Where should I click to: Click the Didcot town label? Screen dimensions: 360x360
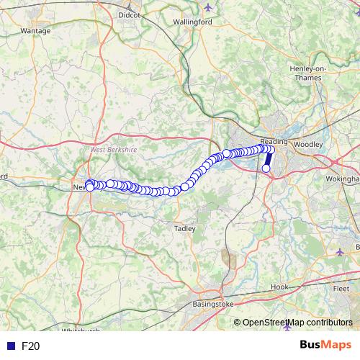[130, 14]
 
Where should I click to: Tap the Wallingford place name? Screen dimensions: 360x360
[192, 22]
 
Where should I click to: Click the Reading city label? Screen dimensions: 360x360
[274, 142]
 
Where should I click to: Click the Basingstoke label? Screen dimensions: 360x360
[213, 305]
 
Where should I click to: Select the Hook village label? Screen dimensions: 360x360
[279, 287]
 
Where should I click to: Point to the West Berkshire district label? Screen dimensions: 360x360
[113, 150]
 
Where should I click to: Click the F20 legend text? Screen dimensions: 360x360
[30, 346]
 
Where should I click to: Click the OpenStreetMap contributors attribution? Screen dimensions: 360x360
[297, 323]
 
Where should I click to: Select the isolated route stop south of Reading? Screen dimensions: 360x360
[266, 168]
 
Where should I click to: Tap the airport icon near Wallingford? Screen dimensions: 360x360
[209, 8]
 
